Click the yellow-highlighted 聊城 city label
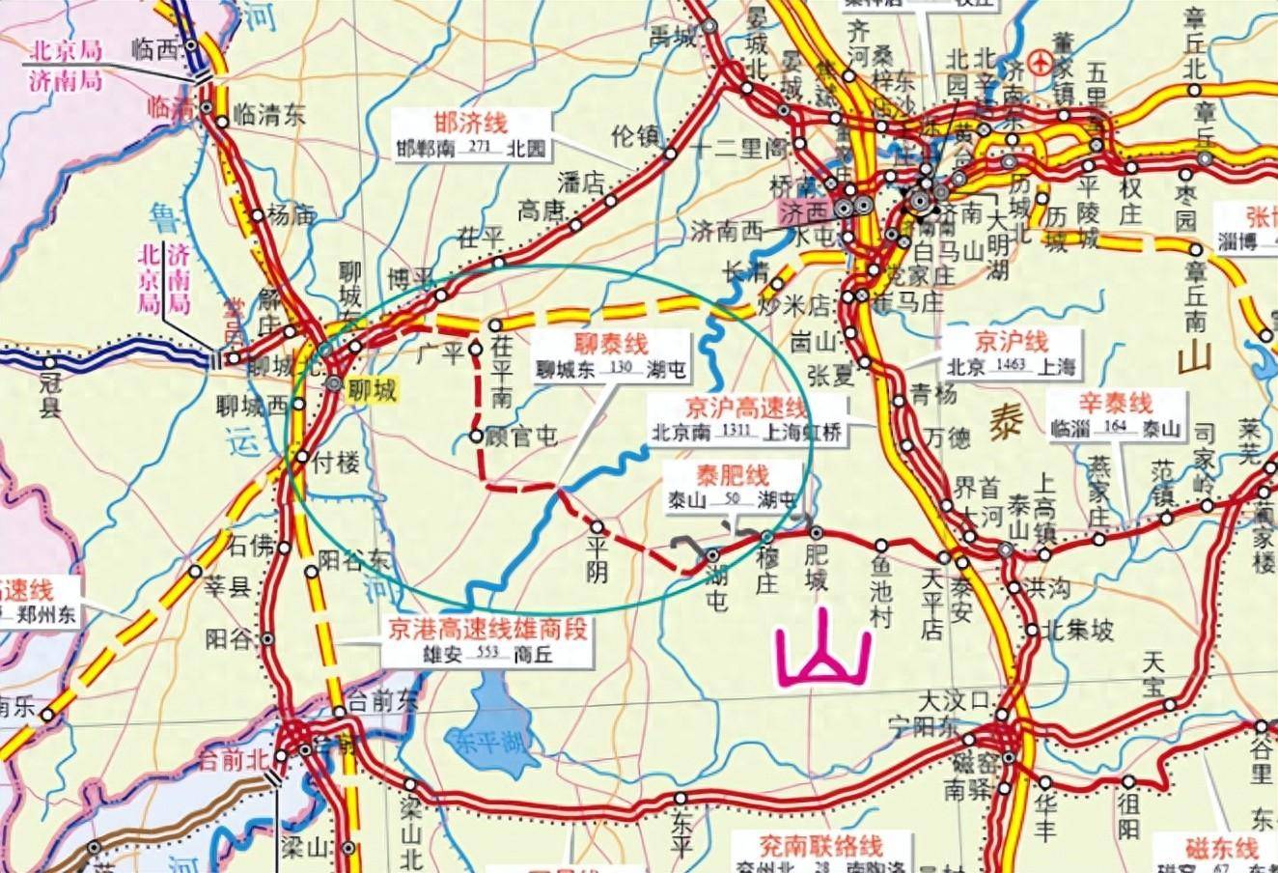tap(373, 391)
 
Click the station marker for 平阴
tap(597, 527)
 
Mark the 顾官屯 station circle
tap(476, 436)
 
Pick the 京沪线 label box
tap(1011, 354)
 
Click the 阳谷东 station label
tap(354, 559)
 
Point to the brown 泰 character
tap(1005, 422)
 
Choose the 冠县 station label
tap(48, 396)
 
